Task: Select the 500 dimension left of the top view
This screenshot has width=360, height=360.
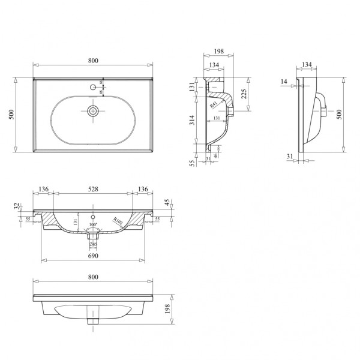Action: coord(10,115)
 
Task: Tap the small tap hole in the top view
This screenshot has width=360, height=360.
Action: coord(94,88)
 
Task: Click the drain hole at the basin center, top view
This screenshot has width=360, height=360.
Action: coord(93,110)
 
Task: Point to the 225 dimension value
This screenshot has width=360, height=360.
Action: coord(244,94)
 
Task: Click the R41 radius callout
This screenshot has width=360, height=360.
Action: coord(214,104)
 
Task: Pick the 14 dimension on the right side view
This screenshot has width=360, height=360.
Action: coord(283,82)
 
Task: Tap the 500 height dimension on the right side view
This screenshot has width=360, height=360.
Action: coord(349,114)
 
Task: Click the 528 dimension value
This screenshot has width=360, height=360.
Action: coord(93,190)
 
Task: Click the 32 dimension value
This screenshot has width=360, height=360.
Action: coord(16,207)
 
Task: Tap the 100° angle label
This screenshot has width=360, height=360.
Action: coord(93,226)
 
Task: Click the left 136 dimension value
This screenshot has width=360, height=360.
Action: coord(43,190)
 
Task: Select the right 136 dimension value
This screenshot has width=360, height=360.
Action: coord(143,190)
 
